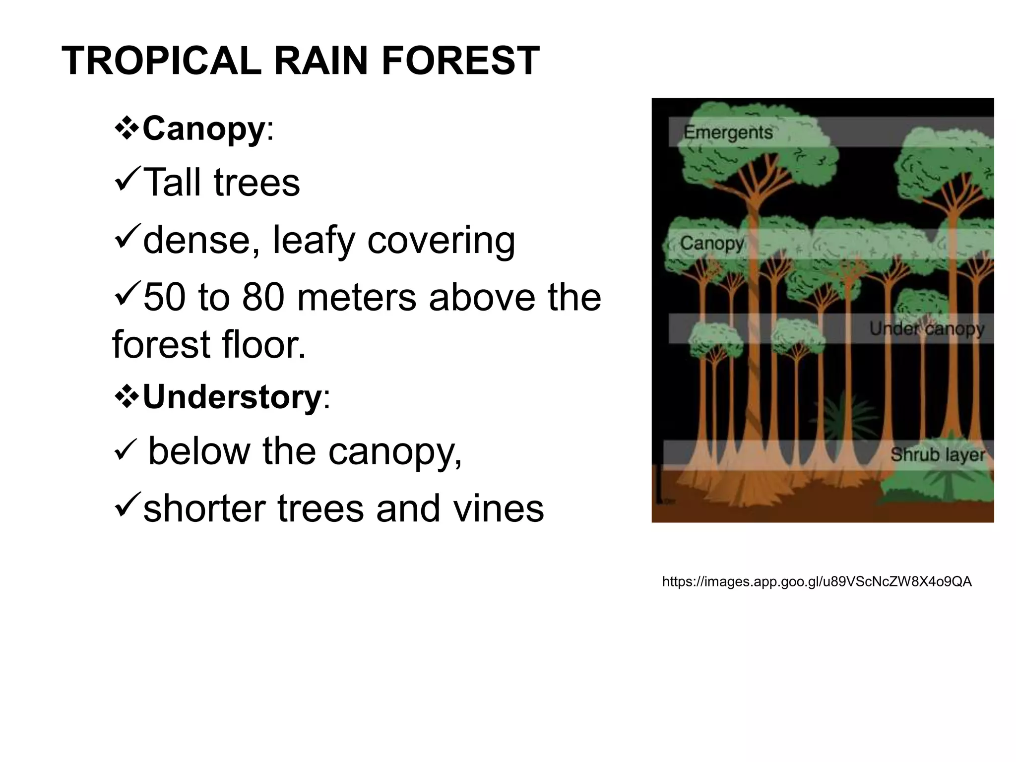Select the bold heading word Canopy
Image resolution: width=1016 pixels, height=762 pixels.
(203, 129)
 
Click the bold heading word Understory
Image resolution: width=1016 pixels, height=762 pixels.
(232, 397)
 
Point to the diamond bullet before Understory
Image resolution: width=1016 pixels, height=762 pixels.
(127, 397)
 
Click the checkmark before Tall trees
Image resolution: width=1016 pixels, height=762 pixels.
(127, 181)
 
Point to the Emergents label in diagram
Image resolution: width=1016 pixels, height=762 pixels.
(728, 132)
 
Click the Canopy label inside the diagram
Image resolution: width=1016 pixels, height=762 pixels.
(711, 243)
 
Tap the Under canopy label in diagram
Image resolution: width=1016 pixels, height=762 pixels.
(926, 328)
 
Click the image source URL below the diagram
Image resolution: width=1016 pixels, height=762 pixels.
(817, 582)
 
